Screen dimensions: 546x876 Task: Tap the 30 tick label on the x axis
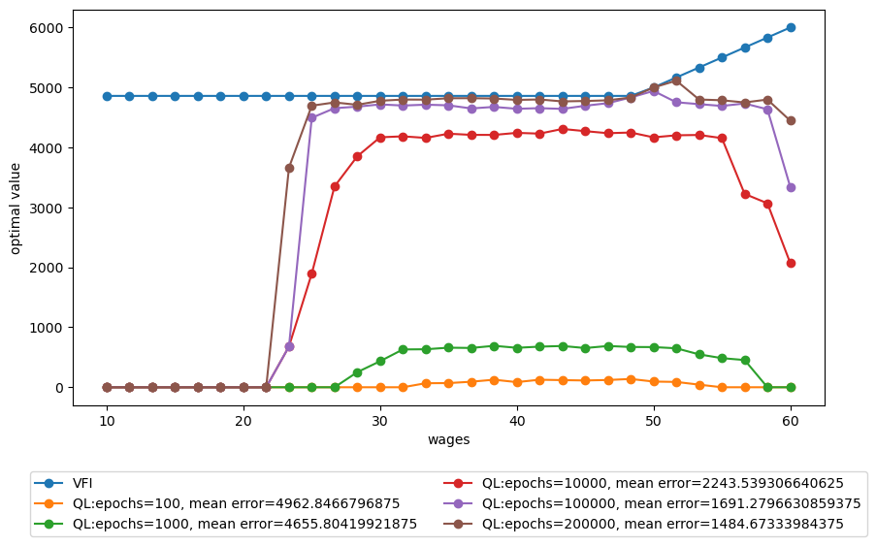pos(380,421)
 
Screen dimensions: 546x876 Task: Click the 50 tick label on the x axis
pos(654,421)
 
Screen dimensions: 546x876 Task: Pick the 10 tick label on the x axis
pos(107,421)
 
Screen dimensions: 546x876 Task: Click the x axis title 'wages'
pos(448,439)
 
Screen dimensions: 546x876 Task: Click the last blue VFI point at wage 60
pos(791,27)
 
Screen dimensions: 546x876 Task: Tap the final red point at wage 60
pos(791,263)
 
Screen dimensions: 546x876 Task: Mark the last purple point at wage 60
pos(791,187)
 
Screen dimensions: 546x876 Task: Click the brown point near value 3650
pos(289,168)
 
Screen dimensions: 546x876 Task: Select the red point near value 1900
pos(312,273)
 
